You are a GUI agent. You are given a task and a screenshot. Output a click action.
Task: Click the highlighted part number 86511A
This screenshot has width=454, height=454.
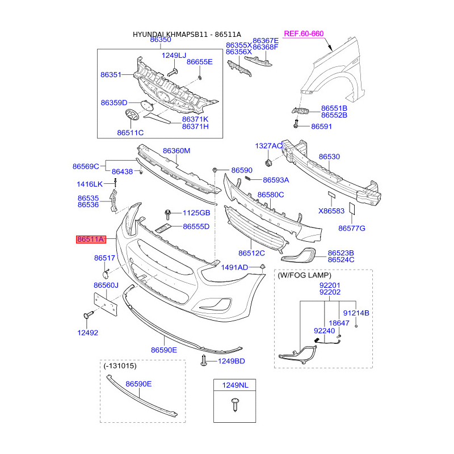click(91, 239)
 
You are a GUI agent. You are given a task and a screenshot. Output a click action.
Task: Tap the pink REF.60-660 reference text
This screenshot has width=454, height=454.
click(304, 33)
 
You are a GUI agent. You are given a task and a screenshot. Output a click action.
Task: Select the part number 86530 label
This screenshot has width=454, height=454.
click(329, 157)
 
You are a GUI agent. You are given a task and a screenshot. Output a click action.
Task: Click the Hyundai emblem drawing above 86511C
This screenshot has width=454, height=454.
click(132, 115)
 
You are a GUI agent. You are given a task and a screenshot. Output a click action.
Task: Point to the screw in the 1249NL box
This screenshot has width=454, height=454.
click(235, 405)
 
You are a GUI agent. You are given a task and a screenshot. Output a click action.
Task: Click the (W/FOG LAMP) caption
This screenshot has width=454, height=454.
click(304, 275)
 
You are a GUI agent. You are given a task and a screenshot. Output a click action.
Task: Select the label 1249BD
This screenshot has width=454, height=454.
click(232, 361)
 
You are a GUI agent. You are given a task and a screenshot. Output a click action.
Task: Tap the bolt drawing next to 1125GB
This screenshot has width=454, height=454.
click(167, 214)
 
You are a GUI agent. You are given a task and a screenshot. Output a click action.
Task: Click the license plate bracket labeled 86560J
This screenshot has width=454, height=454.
click(106, 304)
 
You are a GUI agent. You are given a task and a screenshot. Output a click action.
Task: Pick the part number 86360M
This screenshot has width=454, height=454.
click(176, 150)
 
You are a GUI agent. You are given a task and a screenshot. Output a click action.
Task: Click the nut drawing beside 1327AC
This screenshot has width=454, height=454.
click(268, 163)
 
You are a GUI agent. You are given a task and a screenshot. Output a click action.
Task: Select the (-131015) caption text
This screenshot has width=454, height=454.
click(120, 365)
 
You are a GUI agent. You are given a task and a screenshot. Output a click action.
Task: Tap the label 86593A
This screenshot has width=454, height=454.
click(276, 180)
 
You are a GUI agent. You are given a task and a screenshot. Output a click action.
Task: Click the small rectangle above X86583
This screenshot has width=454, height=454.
click(331, 195)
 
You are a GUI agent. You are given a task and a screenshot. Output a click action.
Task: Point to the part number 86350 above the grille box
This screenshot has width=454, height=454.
click(161, 39)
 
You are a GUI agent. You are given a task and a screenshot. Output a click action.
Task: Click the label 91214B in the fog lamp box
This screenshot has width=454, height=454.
click(356, 313)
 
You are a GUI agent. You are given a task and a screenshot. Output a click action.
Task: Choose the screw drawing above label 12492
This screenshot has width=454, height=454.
click(89, 315)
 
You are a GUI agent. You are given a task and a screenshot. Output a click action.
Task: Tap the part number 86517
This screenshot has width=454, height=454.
click(104, 258)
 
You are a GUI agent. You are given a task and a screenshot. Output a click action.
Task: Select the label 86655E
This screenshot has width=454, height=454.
click(200, 62)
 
